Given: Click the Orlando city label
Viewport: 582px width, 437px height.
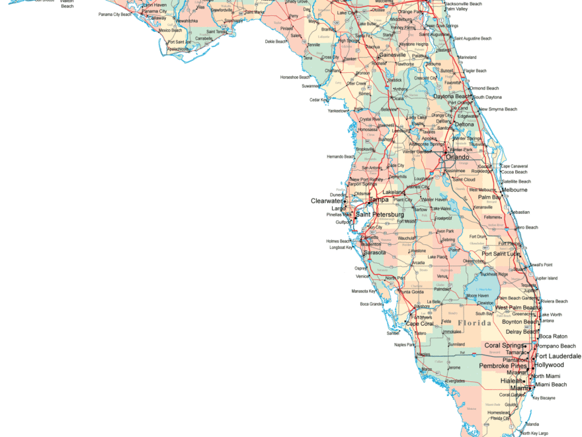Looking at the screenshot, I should pos(457,158).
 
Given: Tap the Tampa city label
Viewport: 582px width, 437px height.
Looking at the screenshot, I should pos(379,200).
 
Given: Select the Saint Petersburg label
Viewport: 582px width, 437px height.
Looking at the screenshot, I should pos(380,215).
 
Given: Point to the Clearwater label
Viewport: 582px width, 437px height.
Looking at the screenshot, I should pos(327,201).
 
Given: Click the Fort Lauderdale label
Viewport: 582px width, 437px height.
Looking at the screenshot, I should pos(558,356).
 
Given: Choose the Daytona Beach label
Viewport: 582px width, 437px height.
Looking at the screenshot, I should pos(452,97).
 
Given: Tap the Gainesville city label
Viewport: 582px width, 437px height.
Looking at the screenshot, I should pos(393,55).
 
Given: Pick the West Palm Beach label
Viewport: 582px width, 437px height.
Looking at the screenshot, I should pos(517,308).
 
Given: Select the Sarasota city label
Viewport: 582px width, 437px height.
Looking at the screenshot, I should pos(374,252).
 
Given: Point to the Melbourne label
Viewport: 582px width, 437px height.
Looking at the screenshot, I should pos(515,190).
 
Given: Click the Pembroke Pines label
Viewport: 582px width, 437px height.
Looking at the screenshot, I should pos(503,365).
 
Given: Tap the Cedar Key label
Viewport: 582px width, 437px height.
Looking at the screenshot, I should pos(319,100).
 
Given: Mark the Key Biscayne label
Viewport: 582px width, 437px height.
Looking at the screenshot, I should pos(544,398).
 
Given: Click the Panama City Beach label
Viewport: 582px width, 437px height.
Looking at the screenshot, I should pos(115,14).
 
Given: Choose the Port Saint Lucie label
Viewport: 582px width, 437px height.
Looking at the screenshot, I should pos(501,254).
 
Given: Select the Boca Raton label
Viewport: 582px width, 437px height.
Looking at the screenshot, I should pos(553,336).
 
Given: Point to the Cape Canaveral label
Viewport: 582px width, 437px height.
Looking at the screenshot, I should pos(514,166).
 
